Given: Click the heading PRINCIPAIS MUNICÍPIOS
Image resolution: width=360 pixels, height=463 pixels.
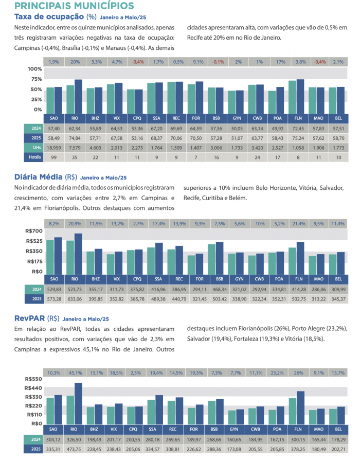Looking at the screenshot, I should tap(75, 6).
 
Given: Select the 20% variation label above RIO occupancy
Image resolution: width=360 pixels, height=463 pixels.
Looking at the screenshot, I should tap(75, 62).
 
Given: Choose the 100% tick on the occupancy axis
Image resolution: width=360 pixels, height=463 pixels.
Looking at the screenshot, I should tap(34, 69).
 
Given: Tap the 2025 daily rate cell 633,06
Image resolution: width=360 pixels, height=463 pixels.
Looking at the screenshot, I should tap(75, 298).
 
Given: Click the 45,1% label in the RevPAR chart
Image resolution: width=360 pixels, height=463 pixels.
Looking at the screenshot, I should tap(75, 372).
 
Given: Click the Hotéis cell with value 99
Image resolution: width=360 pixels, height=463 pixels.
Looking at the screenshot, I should tap(54, 158).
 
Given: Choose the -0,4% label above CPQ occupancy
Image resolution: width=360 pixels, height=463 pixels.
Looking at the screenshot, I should tap(138, 62).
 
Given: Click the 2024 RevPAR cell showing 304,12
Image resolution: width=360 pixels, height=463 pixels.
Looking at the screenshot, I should tap(54, 439).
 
